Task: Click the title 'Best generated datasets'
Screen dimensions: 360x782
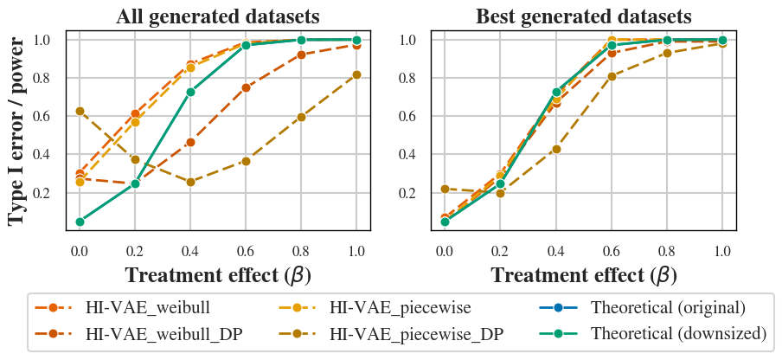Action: pos(584,16)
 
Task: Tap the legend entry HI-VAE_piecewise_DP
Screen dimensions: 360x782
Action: pos(416,333)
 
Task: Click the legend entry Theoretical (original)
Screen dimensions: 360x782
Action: pos(668,307)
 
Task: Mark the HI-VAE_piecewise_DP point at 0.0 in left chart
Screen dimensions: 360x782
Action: pos(80,112)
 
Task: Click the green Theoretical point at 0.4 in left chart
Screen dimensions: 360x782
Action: pos(190,92)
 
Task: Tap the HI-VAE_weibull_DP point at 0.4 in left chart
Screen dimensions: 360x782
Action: pos(190,142)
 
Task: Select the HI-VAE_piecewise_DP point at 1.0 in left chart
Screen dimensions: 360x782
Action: pos(356,75)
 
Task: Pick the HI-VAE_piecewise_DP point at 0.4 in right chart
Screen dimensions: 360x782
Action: pos(556,149)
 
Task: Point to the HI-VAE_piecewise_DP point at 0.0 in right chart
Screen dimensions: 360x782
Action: pos(445,189)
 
